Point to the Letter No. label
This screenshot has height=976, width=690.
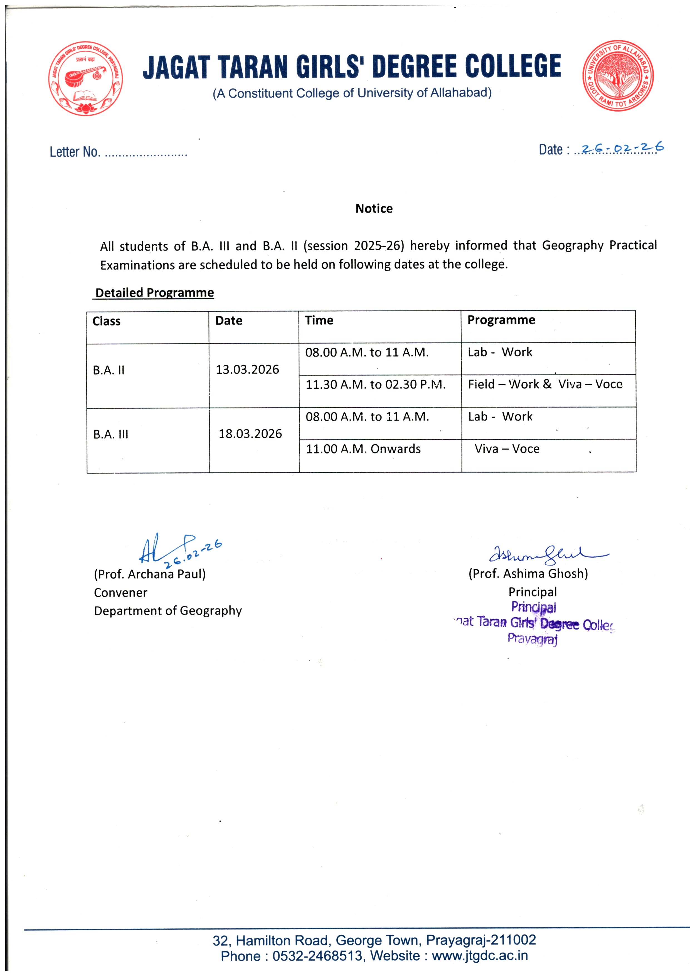click(75, 152)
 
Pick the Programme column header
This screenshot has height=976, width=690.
click(501, 320)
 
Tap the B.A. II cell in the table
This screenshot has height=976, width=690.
click(109, 370)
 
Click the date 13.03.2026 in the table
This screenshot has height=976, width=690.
click(247, 369)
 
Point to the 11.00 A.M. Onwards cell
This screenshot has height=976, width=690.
click(363, 448)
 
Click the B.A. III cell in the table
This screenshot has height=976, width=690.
click(110, 434)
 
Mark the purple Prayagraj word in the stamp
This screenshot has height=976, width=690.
click(532, 639)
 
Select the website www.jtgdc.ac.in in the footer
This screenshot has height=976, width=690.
click(480, 956)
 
